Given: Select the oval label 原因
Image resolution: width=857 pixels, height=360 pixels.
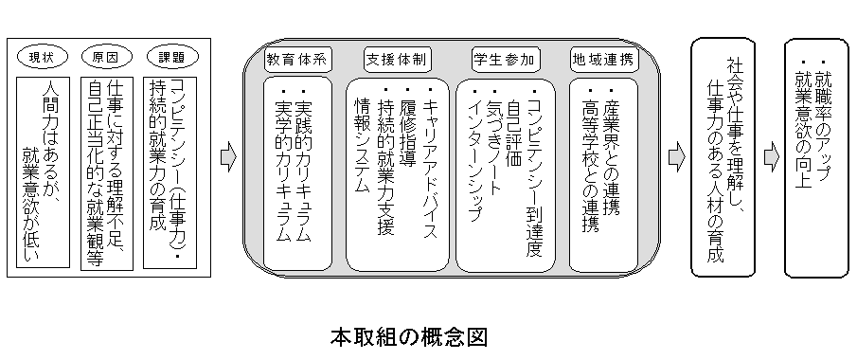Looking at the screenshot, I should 105,58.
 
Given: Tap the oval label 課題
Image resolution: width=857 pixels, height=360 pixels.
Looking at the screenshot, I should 170,58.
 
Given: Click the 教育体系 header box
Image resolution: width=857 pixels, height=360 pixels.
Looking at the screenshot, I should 295,58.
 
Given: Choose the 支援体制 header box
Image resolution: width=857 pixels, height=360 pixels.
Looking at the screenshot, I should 396,58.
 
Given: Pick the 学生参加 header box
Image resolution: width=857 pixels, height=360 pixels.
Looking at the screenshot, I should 503,58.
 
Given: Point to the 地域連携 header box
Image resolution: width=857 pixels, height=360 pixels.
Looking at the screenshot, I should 603,58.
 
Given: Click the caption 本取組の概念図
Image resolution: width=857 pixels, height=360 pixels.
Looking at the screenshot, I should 408,336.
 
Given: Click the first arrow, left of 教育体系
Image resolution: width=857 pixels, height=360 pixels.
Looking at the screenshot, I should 227,158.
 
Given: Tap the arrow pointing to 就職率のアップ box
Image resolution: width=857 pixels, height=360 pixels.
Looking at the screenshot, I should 771,158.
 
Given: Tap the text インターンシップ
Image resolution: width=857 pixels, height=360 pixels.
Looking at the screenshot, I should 473,152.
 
